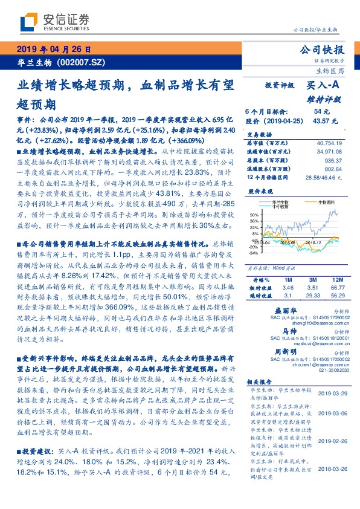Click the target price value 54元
point(321,112)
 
